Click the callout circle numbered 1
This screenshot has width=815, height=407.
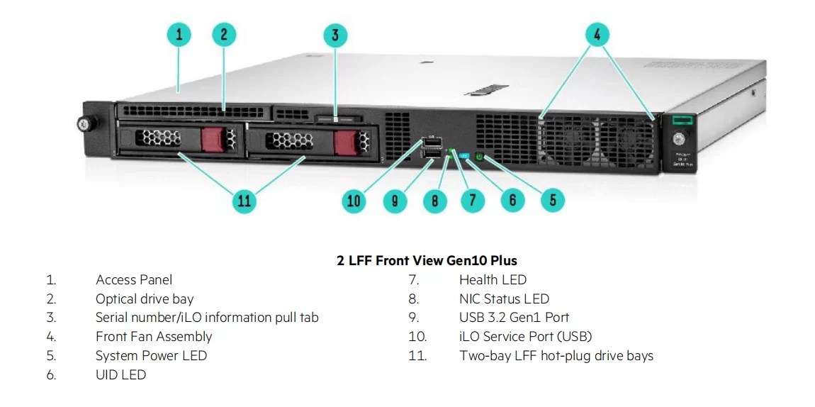pyautogui.click(x=179, y=35)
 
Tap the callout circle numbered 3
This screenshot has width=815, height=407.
pyautogui.click(x=335, y=35)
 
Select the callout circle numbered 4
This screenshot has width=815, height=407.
pyautogui.click(x=597, y=34)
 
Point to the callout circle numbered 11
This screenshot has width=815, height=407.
pyautogui.click(x=244, y=201)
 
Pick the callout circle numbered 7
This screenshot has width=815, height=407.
pyautogui.click(x=473, y=201)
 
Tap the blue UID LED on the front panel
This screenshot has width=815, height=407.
pyautogui.click(x=465, y=155)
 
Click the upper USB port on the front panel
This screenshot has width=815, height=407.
pyautogui.click(x=432, y=143)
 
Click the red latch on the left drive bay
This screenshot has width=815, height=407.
pyautogui.click(x=213, y=139)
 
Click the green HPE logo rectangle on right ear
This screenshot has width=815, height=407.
pyautogui.click(x=680, y=121)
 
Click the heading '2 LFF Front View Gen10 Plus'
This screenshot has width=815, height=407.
pyautogui.click(x=427, y=260)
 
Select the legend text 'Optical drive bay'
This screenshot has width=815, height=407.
pyautogui.click(x=145, y=299)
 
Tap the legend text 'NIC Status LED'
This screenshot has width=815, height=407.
pyautogui.click(x=504, y=299)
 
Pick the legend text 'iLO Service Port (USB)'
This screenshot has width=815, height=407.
pyautogui.click(x=525, y=337)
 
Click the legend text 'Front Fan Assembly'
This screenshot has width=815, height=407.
pyautogui.click(x=154, y=337)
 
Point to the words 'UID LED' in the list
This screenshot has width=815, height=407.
pyautogui.click(x=120, y=375)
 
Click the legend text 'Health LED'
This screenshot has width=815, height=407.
pyautogui.click(x=493, y=280)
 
